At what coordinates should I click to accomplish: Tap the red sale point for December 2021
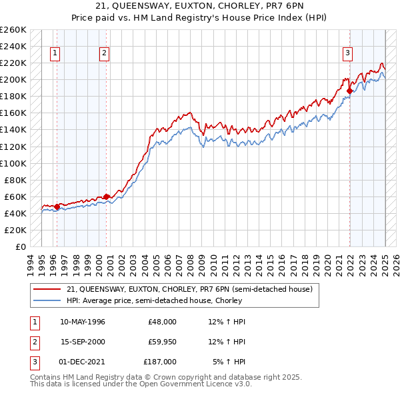pyautogui.click(x=349, y=91)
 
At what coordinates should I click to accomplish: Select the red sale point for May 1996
pyautogui.click(x=57, y=206)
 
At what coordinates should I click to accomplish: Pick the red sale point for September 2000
pyautogui.click(x=107, y=196)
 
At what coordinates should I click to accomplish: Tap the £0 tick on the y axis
pyautogui.click(x=21, y=246)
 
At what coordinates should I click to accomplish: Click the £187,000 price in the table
pyautogui.click(x=160, y=362)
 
